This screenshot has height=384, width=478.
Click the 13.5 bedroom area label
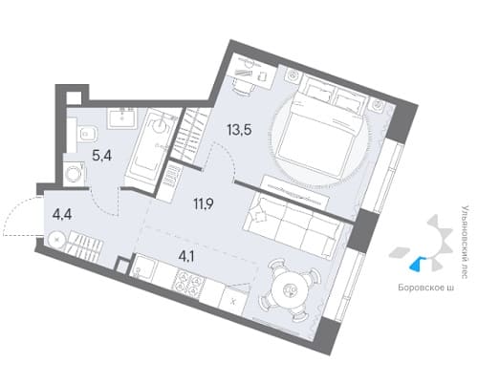239,130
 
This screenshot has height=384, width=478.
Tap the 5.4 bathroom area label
101,156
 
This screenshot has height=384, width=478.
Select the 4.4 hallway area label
62,215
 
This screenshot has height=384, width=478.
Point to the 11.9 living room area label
204,203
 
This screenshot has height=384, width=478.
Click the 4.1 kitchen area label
186,256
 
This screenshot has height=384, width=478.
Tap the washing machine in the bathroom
75,174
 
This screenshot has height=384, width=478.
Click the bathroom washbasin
121,118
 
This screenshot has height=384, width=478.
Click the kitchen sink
144,267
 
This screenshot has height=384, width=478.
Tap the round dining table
290,289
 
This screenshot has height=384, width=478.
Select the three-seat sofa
293,225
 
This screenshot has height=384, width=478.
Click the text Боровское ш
425,288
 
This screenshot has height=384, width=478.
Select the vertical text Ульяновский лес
465,243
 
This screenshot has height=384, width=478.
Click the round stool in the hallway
57,239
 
